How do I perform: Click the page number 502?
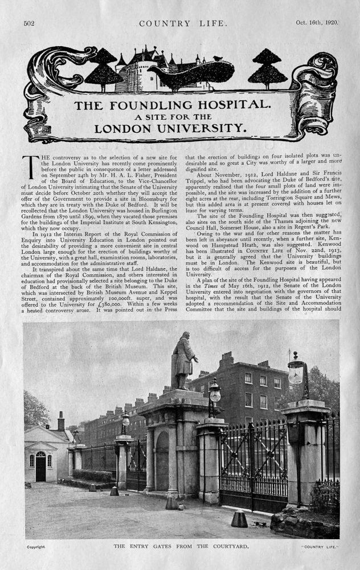[x=30, y=23]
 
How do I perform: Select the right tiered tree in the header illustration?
[x=267, y=67]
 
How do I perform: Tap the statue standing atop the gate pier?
[x=183, y=361]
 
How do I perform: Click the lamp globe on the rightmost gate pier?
[x=297, y=372]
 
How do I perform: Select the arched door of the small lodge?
[x=40, y=467]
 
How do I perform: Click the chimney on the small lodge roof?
[x=61, y=421]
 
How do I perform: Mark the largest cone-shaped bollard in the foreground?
[x=239, y=518]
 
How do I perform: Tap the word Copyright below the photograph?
[x=36, y=547]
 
